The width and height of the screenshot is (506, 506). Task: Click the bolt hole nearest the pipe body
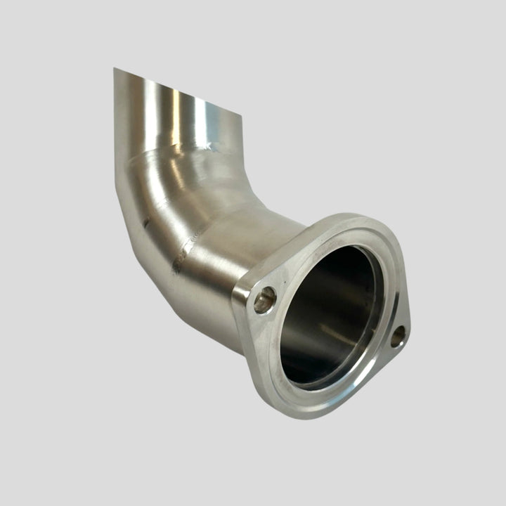[265, 300]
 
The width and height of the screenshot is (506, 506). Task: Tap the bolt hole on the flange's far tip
[398, 336]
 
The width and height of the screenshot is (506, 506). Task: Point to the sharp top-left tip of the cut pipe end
[115, 69]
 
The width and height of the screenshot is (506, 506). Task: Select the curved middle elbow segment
[176, 197]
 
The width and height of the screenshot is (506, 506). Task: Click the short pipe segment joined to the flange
[232, 267]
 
